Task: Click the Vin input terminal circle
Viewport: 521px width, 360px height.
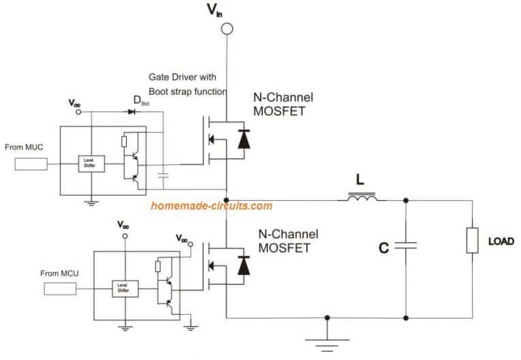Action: coord(227,29)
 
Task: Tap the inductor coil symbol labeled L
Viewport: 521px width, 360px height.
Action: coord(362,199)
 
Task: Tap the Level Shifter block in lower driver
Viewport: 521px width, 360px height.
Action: coord(124,289)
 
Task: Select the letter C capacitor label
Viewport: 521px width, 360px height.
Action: coord(383,248)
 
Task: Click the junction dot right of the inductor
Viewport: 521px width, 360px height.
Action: coord(406,200)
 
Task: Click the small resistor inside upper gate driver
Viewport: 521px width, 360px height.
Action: coord(123,142)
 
